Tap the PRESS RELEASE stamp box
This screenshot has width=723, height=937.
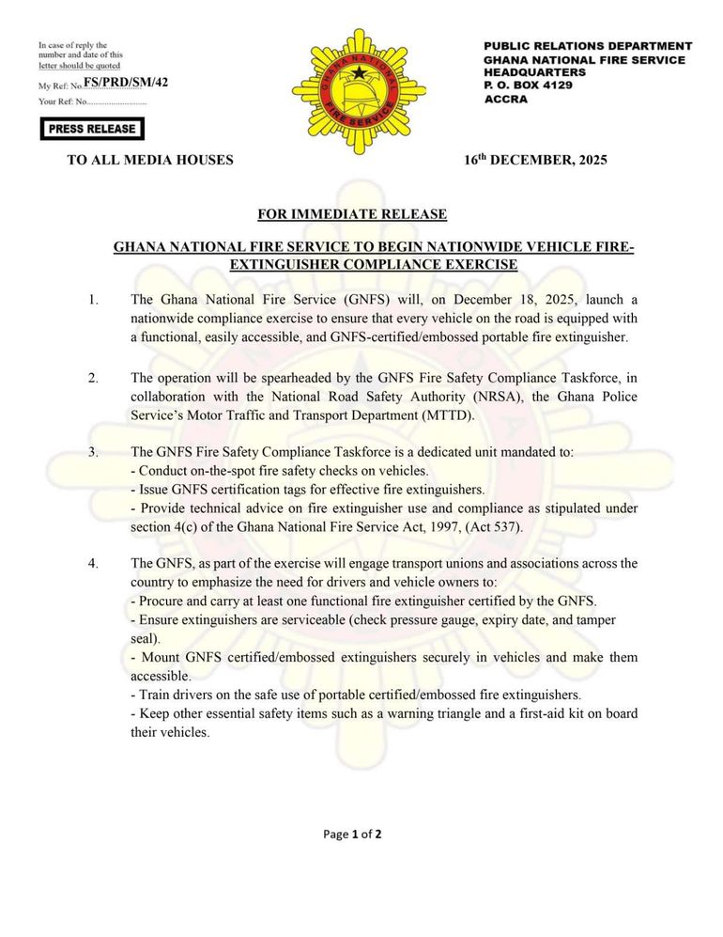(x=92, y=129)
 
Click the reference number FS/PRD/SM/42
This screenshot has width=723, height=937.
(x=126, y=84)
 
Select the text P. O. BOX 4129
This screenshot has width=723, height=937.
(x=529, y=86)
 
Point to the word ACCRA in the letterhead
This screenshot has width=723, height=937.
(x=506, y=99)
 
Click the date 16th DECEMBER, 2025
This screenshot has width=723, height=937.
(x=535, y=160)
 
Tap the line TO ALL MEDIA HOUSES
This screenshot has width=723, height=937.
(x=150, y=160)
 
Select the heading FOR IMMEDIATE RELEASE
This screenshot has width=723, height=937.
(x=352, y=214)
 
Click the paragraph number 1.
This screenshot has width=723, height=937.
(x=93, y=300)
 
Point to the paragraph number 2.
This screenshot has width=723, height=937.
(x=93, y=378)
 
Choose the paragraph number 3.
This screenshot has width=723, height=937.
(x=93, y=452)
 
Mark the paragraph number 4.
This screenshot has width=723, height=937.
(x=93, y=563)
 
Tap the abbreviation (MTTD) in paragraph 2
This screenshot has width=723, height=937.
(x=449, y=415)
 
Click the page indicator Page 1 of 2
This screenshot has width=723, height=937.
(x=352, y=834)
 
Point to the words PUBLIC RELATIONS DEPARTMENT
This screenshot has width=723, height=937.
(x=588, y=46)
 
